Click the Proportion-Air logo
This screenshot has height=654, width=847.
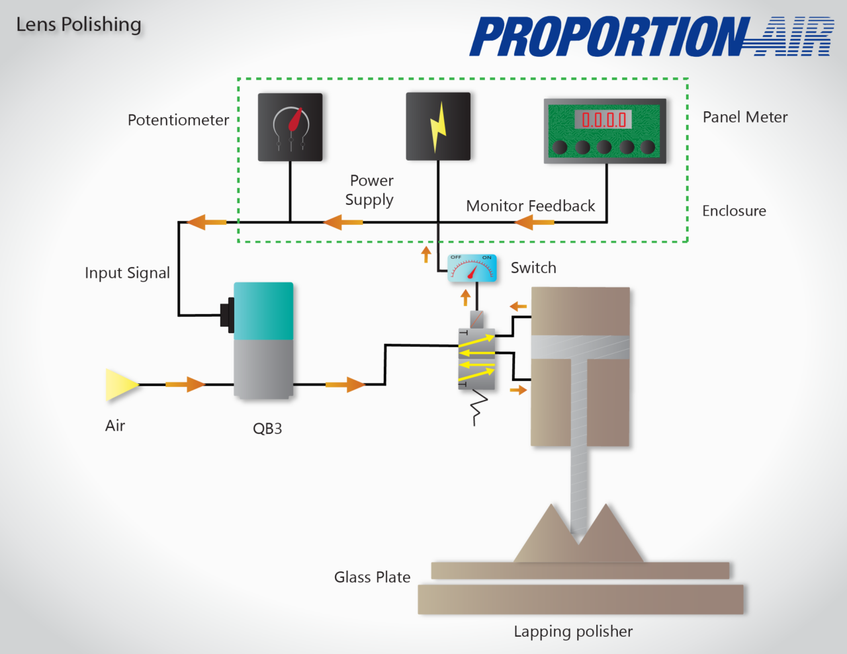point(652,36)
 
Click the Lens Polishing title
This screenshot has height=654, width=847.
point(79,24)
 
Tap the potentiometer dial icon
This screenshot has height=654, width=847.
point(290,126)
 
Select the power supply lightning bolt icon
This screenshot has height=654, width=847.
point(438,126)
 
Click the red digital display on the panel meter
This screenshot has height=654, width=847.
point(603,120)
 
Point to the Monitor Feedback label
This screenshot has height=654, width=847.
point(531,206)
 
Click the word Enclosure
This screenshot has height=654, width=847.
point(734,211)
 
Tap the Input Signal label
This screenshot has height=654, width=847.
point(127,272)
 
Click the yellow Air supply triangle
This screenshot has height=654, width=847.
point(121,385)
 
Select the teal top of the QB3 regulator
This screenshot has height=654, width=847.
point(263,311)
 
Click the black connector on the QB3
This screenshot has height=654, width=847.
point(228,315)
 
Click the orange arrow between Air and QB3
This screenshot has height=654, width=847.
point(186,384)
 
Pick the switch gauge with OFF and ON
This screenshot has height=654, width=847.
point(472,268)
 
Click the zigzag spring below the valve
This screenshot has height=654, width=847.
point(478,407)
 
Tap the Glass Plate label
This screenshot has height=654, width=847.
point(372,577)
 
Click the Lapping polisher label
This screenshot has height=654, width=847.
point(573,632)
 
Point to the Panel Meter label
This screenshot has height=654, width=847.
point(745,117)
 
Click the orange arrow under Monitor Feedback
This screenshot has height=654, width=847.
point(535,222)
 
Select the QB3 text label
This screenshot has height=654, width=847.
point(267,429)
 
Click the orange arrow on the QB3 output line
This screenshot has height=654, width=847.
point(345,384)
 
